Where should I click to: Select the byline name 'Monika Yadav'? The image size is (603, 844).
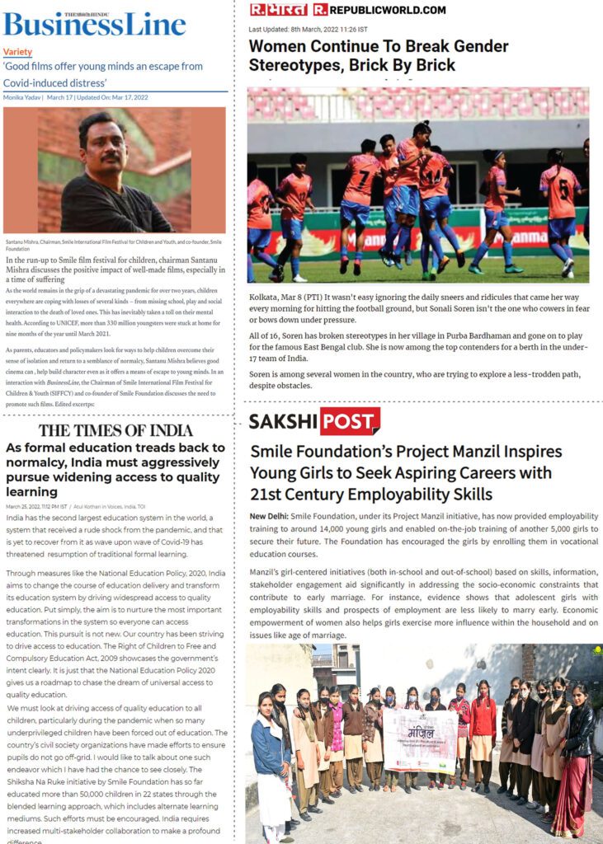[22, 97]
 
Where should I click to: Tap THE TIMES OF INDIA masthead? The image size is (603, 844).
[115, 430]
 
